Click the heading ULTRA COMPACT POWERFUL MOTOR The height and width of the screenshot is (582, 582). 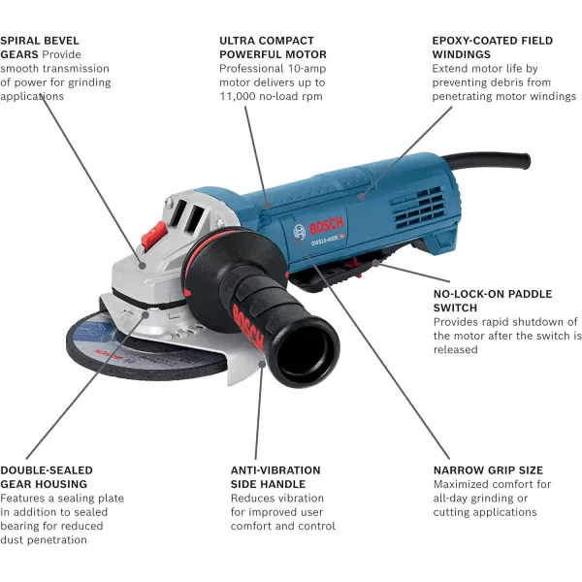coord(273,48)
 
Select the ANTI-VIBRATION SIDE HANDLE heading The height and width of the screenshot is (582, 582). coord(275,476)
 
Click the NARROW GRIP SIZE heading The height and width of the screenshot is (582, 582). coord(486,469)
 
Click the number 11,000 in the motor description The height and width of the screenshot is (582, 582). coord(239,97)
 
